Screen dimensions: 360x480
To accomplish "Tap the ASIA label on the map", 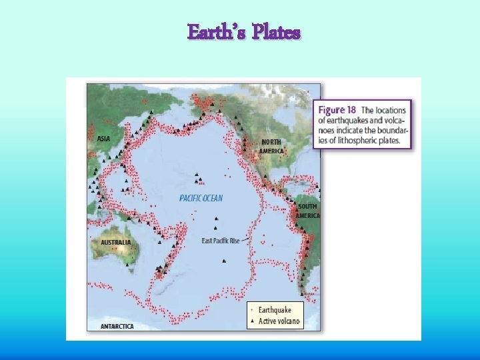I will (x=104, y=139).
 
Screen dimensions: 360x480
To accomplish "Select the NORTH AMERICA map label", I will (x=272, y=147).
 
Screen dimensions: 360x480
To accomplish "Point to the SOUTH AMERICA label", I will (x=308, y=211).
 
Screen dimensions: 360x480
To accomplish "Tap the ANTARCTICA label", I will (x=117, y=326).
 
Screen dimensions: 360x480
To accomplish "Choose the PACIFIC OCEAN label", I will (x=201, y=198).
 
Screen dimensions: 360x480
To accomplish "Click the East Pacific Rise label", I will (x=220, y=241).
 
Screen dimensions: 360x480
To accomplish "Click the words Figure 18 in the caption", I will (x=337, y=109).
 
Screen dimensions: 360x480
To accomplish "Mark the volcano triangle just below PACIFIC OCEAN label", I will (x=215, y=219).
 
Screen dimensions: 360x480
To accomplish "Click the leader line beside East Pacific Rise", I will (x=245, y=239).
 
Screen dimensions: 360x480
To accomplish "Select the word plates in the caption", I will (x=389, y=141).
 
